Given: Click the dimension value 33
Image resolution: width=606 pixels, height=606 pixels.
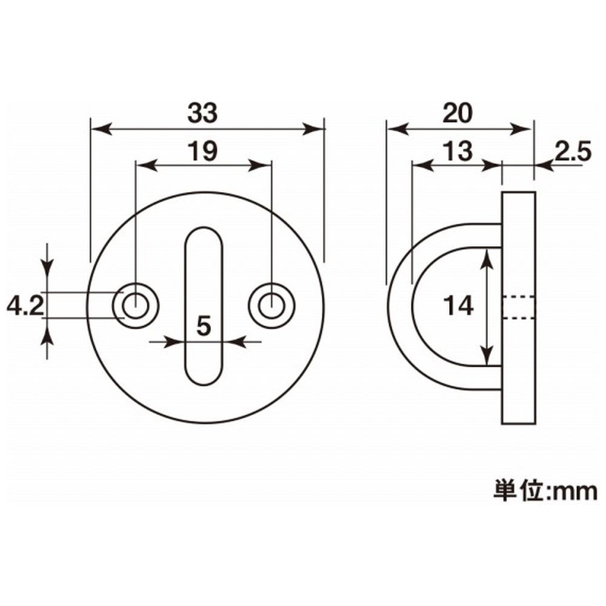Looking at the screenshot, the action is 202,114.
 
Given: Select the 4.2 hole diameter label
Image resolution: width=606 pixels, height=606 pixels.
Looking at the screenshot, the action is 25,307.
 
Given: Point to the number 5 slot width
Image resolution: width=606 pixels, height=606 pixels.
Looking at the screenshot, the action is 204,326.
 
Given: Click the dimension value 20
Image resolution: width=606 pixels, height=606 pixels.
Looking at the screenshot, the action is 458,113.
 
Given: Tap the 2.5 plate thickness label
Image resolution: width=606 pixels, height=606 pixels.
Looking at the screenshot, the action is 573,151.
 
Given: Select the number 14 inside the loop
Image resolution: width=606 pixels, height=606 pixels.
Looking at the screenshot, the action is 458,305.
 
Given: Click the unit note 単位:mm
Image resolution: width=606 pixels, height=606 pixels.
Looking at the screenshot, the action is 545,491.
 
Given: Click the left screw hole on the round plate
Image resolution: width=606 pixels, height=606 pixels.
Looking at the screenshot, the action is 135,306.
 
